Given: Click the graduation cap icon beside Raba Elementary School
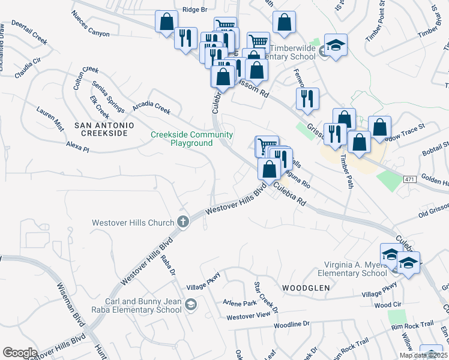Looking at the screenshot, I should pyautogui.click(x=191, y=305).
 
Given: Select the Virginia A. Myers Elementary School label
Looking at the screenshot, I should pyautogui.click(x=355, y=269).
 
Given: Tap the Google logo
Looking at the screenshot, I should pyautogui.click(x=20, y=353).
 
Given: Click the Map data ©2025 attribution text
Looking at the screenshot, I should pyautogui.click(x=423, y=355).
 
